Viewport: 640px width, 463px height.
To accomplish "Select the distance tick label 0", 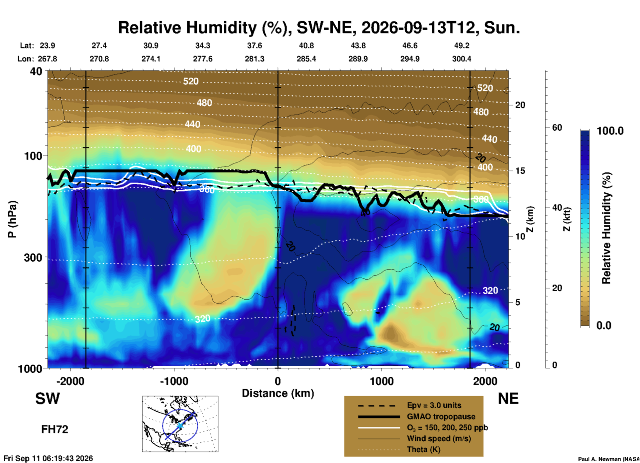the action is tap(278, 381).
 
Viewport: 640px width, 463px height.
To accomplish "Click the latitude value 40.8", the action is tap(306, 46).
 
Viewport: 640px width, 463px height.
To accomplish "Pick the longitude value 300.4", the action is tap(462, 59).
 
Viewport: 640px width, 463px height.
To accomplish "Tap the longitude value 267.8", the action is tap(47, 59).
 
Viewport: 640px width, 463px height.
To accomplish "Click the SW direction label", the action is tap(48, 399).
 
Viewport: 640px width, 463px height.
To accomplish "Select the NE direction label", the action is tap(508, 399).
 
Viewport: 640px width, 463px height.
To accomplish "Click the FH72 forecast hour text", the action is tap(54, 429).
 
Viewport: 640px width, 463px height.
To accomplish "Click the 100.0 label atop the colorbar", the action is tap(610, 131).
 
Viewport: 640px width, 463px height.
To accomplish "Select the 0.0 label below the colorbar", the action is tap(604, 325).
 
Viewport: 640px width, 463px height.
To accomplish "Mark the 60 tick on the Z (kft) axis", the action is tap(557, 128).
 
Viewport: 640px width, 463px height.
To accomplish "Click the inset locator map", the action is tap(180, 424).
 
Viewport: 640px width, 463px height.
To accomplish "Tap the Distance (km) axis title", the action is tap(278, 393).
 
